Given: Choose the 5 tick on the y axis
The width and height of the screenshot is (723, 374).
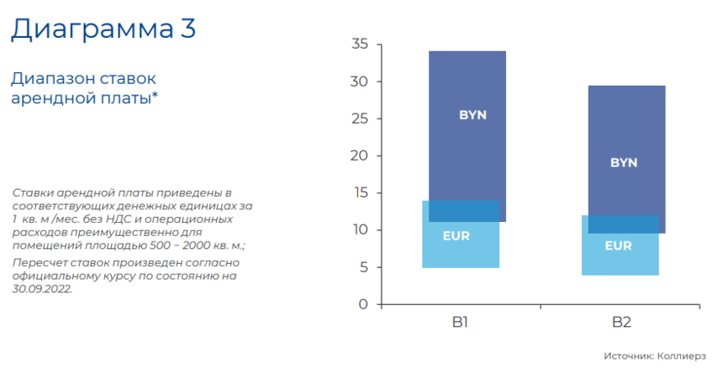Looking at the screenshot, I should point(364,267).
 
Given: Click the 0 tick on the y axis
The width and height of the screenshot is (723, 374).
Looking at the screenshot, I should point(364,304).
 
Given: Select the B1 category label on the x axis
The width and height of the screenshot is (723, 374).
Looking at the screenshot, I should point(460,322).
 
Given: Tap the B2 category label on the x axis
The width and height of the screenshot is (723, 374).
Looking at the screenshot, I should point(621,322).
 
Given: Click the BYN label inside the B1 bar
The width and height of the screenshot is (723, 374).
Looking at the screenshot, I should point(472,115).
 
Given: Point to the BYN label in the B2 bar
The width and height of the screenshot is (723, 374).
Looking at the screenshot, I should point(624,162).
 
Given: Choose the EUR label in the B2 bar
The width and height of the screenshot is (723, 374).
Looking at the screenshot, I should point(618,246).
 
